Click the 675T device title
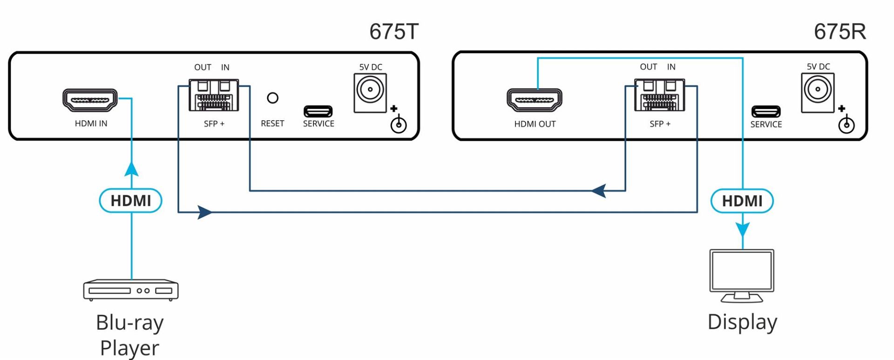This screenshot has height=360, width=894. point(394,32)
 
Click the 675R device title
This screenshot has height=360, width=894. point(840,32)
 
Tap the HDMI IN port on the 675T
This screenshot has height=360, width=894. point(90,100)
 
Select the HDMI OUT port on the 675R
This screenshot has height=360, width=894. point(535,100)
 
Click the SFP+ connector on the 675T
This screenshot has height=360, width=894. point(214,95)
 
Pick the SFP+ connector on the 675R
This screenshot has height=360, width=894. point(659,95)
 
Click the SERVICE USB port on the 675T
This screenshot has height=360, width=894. point(318,111)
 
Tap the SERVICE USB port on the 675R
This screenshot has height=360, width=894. point(766,112)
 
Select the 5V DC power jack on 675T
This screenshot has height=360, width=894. point(370,93)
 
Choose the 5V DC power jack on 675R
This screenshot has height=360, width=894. point(818,93)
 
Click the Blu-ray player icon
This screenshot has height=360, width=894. point(131,290)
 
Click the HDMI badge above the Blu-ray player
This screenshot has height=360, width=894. point(131,201)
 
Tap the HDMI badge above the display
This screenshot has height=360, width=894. point(742,201)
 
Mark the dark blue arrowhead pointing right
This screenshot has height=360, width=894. point(205,212)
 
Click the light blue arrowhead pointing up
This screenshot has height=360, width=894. point(131,169)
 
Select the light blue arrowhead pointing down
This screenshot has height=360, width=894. point(743,230)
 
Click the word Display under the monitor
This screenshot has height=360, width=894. point(742,322)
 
